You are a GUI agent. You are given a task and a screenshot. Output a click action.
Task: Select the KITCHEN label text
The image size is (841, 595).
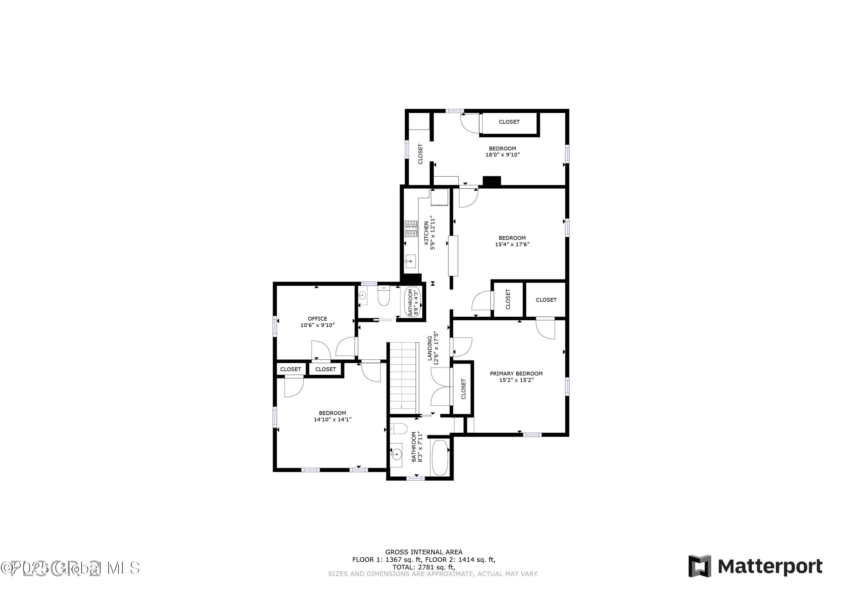pos(426,233)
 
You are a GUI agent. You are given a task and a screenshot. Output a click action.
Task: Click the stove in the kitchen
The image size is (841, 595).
pos(411,229)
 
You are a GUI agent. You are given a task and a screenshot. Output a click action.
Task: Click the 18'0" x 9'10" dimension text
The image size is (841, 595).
pos(503,154)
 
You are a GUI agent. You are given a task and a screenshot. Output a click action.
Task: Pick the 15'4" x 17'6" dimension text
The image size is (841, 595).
pos(512,245)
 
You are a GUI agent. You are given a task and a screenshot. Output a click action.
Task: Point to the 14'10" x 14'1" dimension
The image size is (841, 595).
pos(332,419)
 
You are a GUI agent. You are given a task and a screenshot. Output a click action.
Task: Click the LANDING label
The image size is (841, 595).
pos(430,348)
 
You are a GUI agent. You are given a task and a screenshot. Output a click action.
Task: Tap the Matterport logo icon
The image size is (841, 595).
pos(700,566)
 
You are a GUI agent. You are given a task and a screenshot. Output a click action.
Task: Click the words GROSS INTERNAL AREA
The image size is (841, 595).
pos(424,552)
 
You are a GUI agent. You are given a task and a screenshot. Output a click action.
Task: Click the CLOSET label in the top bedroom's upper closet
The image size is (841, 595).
pos(509,122)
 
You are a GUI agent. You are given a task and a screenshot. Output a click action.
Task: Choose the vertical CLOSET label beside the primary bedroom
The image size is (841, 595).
pos(463,389)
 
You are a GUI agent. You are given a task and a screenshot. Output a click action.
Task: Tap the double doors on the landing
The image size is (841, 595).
pos(440,387)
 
